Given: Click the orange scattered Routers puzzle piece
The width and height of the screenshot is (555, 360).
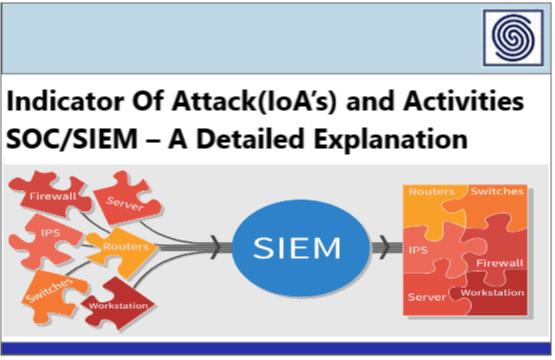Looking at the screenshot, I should click(130, 246).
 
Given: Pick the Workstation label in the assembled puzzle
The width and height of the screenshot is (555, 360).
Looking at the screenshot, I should click(494, 292).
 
